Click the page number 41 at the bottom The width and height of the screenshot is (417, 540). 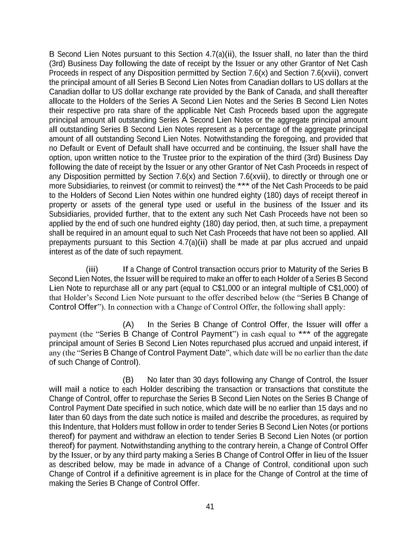pos(210,507)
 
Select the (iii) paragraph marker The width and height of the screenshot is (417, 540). pos(92,270)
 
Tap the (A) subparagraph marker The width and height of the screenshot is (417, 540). pos(128,325)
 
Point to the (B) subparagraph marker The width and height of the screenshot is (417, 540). pos(128,380)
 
